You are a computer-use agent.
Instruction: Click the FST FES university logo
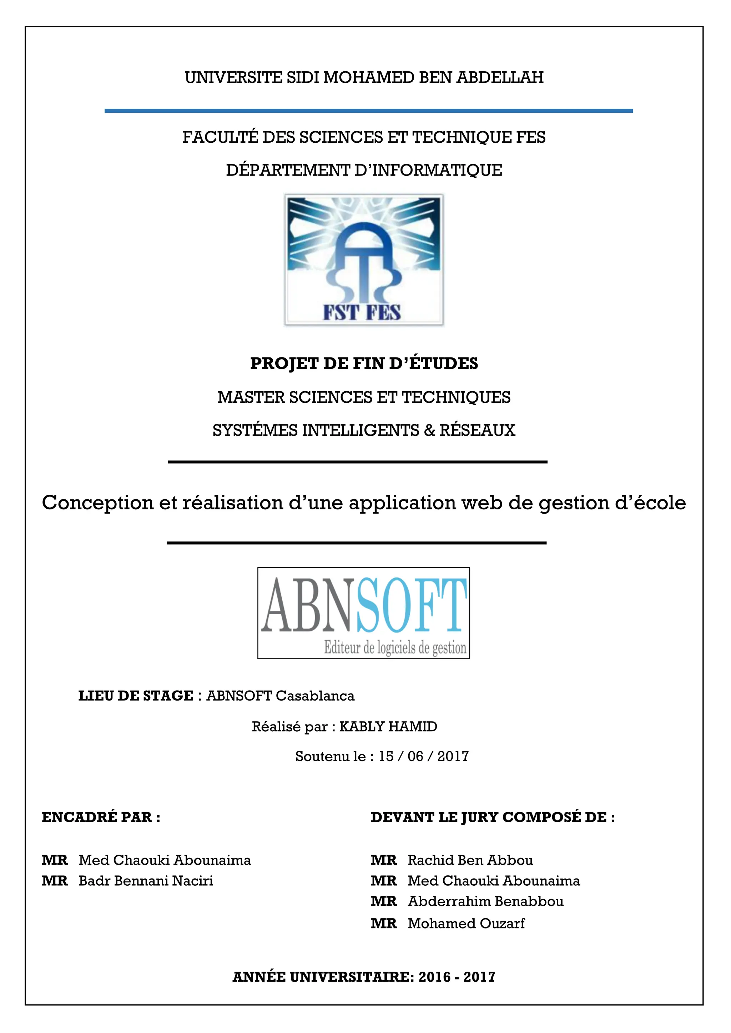point(364,260)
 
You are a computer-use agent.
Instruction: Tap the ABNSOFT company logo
point(363,613)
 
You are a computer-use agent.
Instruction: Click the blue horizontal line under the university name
point(368,111)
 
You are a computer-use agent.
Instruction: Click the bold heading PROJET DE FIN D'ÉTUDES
point(364,363)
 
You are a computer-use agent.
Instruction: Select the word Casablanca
point(315,696)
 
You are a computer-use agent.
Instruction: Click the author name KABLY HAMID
point(388,727)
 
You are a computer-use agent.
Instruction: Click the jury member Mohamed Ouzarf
point(466,923)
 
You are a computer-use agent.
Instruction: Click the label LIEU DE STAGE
point(136,696)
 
